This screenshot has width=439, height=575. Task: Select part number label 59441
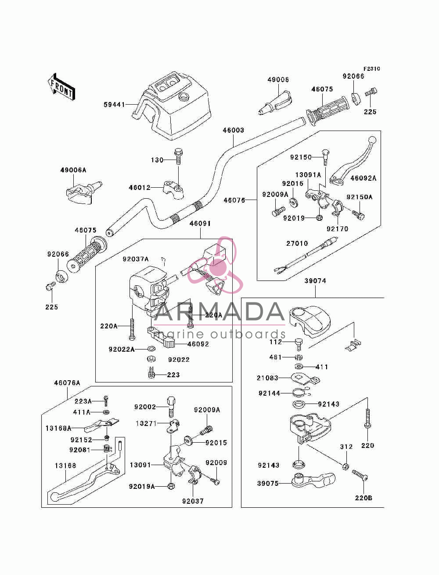[114, 105]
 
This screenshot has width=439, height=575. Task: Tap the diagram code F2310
[371, 69]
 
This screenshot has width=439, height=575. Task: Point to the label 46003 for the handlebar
[234, 130]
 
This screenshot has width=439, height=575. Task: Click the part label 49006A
[73, 170]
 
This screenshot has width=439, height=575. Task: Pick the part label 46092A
[363, 178]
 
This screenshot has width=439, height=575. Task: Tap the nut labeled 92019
[319, 217]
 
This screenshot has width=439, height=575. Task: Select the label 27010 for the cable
[297, 244]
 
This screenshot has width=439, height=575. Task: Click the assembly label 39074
[315, 281]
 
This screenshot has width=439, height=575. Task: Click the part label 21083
[267, 378]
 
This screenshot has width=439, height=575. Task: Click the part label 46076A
[67, 383]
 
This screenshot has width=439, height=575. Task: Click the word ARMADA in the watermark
[219, 312]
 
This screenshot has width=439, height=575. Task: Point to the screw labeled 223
[151, 372]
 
